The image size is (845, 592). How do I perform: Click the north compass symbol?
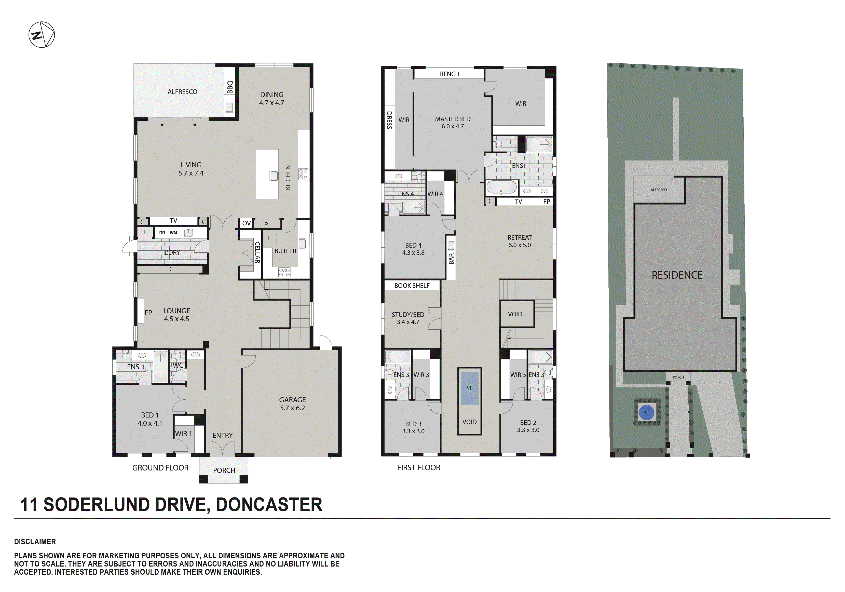click(x=42, y=35)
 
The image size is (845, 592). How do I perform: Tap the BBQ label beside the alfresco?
click(x=230, y=87)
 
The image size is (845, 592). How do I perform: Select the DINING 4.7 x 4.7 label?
click(x=271, y=99)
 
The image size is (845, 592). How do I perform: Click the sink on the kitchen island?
click(x=274, y=176)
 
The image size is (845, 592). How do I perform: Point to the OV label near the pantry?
click(x=246, y=223)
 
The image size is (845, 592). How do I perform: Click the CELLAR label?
click(x=257, y=252)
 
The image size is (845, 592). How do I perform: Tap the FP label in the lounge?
click(x=148, y=313)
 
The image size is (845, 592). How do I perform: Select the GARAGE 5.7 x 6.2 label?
click(x=292, y=403)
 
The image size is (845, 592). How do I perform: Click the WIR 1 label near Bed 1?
click(x=183, y=434)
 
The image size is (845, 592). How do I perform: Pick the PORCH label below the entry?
click(x=224, y=470)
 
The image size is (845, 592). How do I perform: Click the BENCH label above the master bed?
click(x=449, y=74)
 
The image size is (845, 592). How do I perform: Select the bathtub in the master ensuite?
click(x=501, y=187)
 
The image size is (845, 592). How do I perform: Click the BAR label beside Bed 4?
click(x=452, y=259)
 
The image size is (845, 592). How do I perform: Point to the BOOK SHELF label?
click(x=412, y=286)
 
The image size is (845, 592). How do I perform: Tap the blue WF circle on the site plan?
click(x=647, y=412)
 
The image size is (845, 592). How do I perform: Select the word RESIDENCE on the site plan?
click(x=677, y=275)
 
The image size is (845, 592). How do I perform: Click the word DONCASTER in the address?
click(x=269, y=505)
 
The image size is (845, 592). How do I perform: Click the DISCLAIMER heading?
click(x=35, y=542)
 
